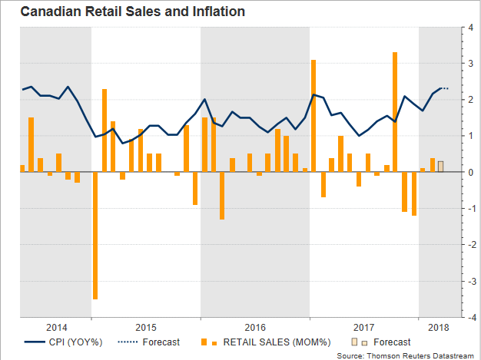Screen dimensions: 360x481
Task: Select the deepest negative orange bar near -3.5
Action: [x=95, y=235]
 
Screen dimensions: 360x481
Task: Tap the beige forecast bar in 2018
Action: [x=440, y=166]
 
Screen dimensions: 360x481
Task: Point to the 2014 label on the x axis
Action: [x=57, y=326]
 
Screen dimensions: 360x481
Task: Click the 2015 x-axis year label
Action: [x=146, y=326]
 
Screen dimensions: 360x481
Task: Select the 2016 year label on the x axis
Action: [x=255, y=326]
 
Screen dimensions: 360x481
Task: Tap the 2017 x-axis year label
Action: [x=363, y=326]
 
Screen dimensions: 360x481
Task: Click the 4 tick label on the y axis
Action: [x=470, y=28]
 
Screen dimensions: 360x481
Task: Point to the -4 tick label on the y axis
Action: [x=469, y=316]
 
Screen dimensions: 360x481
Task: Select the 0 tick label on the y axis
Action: [x=470, y=172]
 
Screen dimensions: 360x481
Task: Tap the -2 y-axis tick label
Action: [x=469, y=244]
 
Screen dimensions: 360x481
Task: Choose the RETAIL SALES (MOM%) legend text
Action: [x=260, y=342]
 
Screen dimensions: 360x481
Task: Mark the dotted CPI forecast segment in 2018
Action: [x=444, y=88]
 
